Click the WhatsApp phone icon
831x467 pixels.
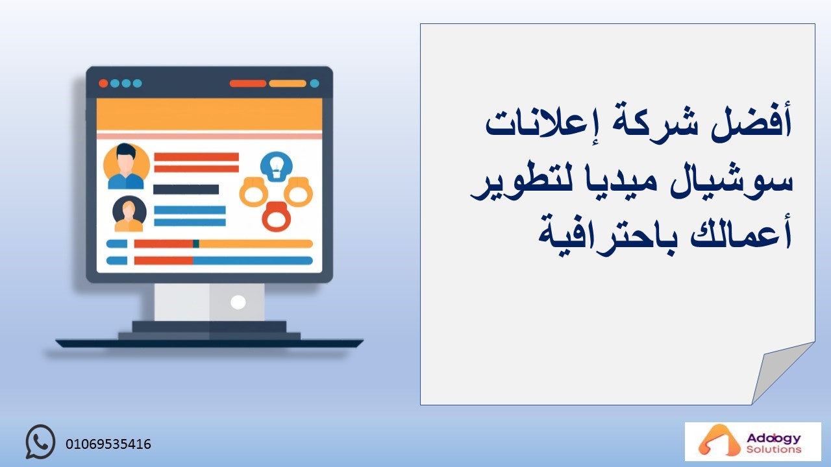tap(40, 442)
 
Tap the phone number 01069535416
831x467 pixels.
tap(108, 444)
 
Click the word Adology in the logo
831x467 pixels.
tap(774, 438)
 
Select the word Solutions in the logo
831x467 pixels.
tap(774, 449)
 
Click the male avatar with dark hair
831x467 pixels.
tap(126, 166)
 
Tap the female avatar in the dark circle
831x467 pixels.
tap(129, 213)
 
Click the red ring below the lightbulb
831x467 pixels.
tap(277, 217)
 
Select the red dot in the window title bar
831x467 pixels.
tap(103, 84)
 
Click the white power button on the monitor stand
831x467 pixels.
tap(238, 302)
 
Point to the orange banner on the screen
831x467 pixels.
tap(209, 114)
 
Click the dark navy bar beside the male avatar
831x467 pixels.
tap(186, 189)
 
